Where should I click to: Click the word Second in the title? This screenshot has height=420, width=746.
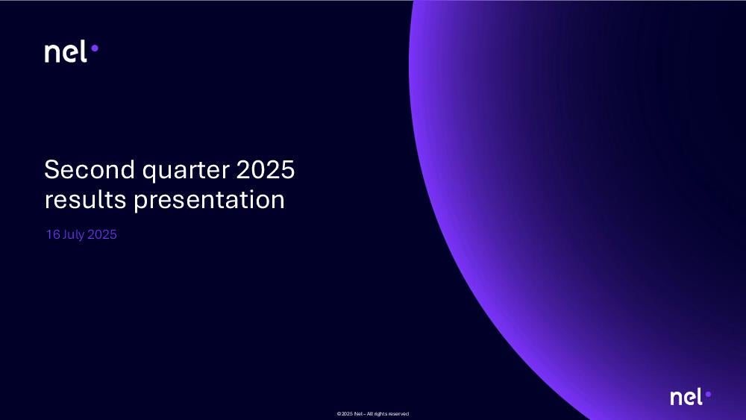coord(90,169)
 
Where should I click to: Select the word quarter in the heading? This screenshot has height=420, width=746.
coord(186,172)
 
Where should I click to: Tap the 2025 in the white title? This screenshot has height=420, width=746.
coord(266,169)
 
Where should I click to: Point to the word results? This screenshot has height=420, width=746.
coord(85,199)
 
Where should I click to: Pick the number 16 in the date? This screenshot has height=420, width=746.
coord(53,234)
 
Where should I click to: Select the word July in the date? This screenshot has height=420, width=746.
coord(73,235)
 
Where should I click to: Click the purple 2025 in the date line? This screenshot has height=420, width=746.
coord(101,234)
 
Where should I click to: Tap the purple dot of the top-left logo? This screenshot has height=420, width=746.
coord(95,48)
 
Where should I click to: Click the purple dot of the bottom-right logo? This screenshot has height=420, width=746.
coord(708,395)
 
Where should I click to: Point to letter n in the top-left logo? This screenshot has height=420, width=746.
coord(53,53)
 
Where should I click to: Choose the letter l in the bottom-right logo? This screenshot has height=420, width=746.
coord(700,396)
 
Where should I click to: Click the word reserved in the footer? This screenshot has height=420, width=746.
coord(398,414)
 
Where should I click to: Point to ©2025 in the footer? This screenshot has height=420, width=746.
coord(345,414)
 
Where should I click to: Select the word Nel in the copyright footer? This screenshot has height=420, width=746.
coord(358,414)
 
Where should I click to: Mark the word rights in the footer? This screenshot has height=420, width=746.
coord(380,414)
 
